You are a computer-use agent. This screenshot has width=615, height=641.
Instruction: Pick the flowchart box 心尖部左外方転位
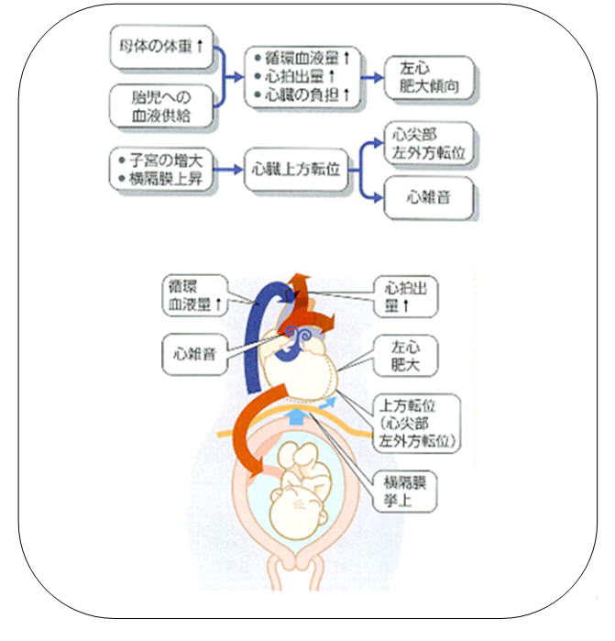coord(429,144)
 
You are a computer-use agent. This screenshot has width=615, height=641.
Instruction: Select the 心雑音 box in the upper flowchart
coord(429,196)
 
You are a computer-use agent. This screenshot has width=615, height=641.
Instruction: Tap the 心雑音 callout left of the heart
coord(194,351)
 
